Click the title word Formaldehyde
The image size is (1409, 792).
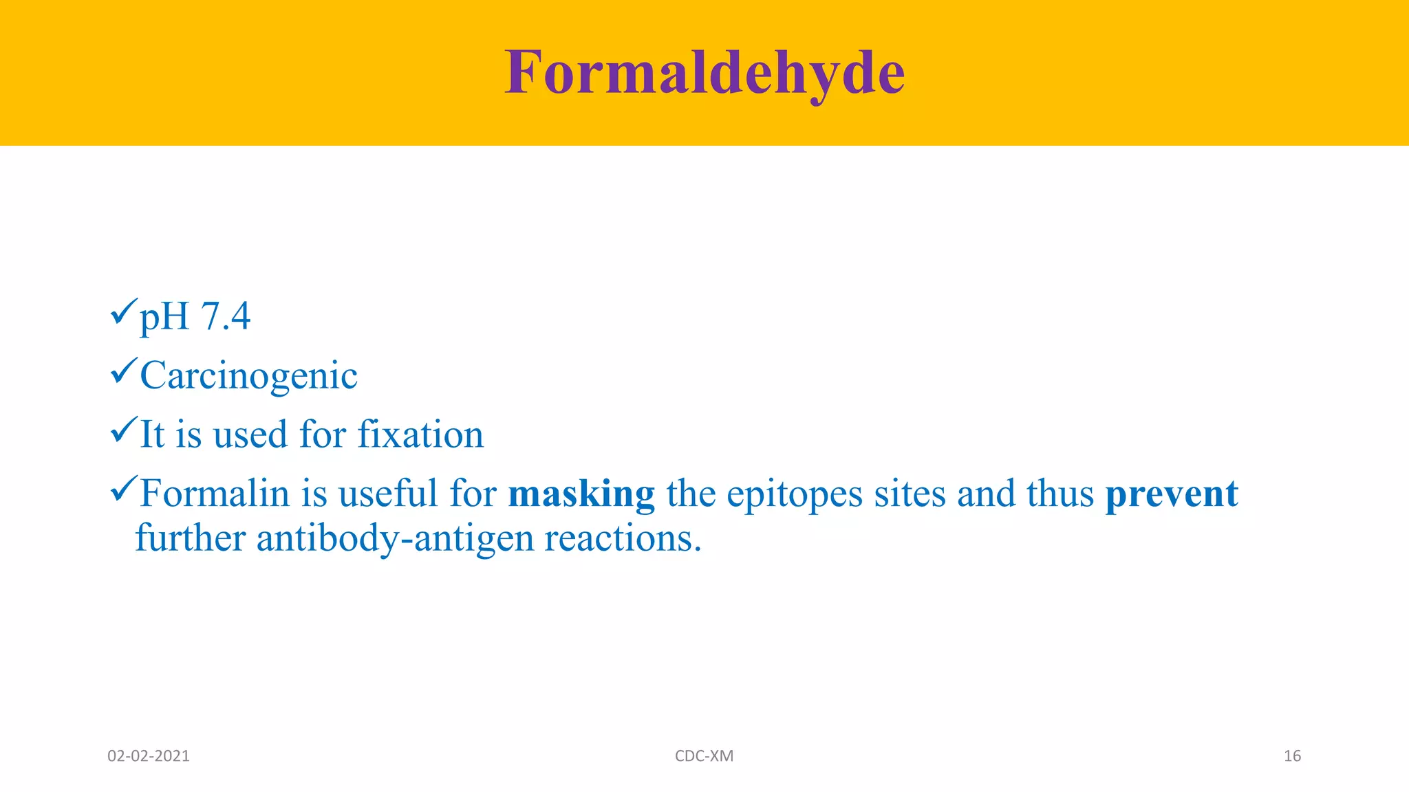click(x=704, y=73)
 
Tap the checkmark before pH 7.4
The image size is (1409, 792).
click(x=124, y=313)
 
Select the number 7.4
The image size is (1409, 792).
click(x=226, y=317)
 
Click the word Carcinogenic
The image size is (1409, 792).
click(x=248, y=376)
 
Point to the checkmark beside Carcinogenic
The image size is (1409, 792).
click(x=124, y=372)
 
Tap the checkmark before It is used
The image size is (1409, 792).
click(x=124, y=431)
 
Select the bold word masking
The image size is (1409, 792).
click(x=581, y=494)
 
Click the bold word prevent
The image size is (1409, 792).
click(x=1171, y=494)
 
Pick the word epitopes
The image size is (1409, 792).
click(x=794, y=495)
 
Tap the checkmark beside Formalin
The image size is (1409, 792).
click(x=124, y=489)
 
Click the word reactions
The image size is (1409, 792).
click(x=623, y=538)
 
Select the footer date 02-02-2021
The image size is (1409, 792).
click(x=149, y=756)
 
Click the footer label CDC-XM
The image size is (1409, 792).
click(x=704, y=756)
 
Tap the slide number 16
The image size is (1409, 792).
click(x=1292, y=756)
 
